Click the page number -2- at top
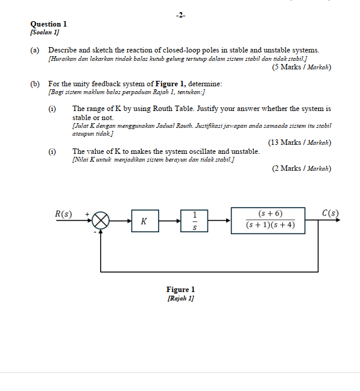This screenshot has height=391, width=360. [180, 14]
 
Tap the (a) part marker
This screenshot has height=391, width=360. [35, 49]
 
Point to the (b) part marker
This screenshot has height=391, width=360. [35, 83]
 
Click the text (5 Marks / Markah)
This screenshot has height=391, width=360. [302, 67]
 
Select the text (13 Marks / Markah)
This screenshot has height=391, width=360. [300, 142]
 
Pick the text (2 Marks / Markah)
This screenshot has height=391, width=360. [302, 168]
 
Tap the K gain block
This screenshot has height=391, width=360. [144, 221]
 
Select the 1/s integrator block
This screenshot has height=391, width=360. [195, 221]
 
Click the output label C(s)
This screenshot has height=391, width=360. [330, 213]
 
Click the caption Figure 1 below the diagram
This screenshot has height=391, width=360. [180, 290]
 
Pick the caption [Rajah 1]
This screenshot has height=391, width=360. [180, 298]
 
